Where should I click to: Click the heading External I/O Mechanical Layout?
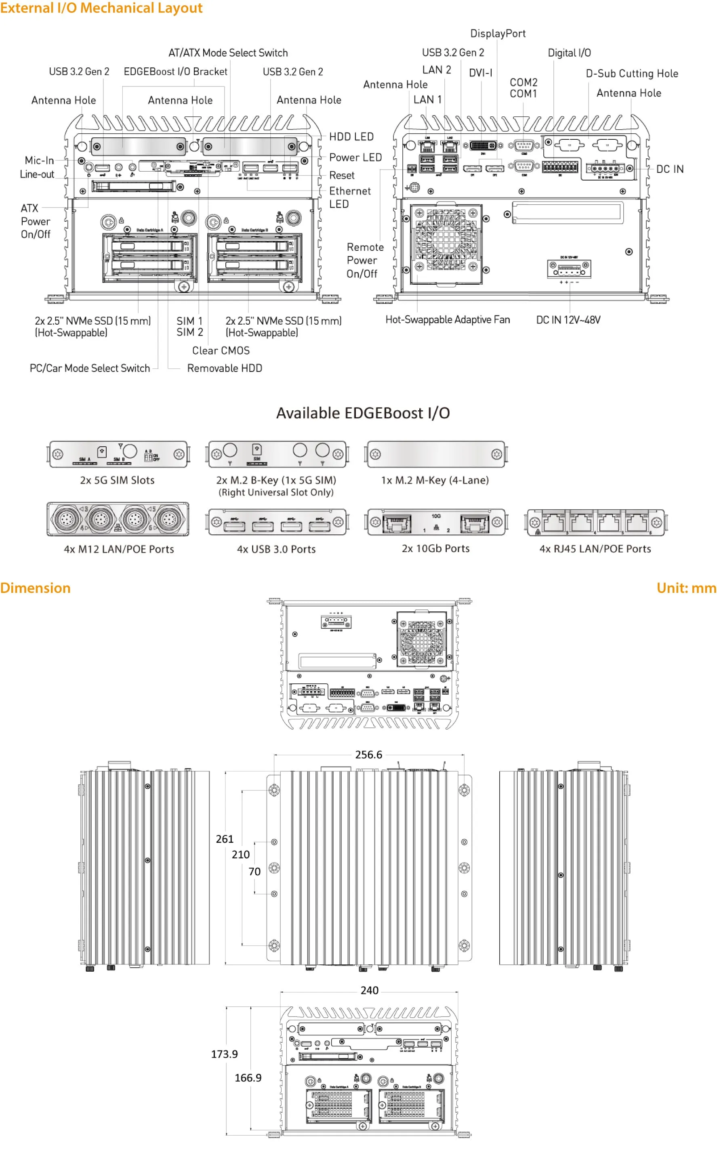pyautogui.click(x=101, y=8)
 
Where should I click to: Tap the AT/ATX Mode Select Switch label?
pyautogui.click(x=228, y=53)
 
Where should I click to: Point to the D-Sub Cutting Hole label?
pyautogui.click(x=632, y=74)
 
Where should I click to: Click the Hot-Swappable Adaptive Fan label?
pyautogui.click(x=447, y=319)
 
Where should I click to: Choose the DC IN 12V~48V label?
pyautogui.click(x=568, y=320)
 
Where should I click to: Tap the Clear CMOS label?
pyautogui.click(x=221, y=351)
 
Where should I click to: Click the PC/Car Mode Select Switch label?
pyautogui.click(x=90, y=368)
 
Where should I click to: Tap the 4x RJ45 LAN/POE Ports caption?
pyautogui.click(x=595, y=548)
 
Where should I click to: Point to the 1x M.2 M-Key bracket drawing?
pyautogui.click(x=435, y=454)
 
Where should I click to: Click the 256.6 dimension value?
pyautogui.click(x=368, y=754)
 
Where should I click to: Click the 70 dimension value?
pyautogui.click(x=254, y=872)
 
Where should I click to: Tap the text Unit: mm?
pyautogui.click(x=686, y=588)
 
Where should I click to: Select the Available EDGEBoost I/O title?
pyautogui.click(x=363, y=413)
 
